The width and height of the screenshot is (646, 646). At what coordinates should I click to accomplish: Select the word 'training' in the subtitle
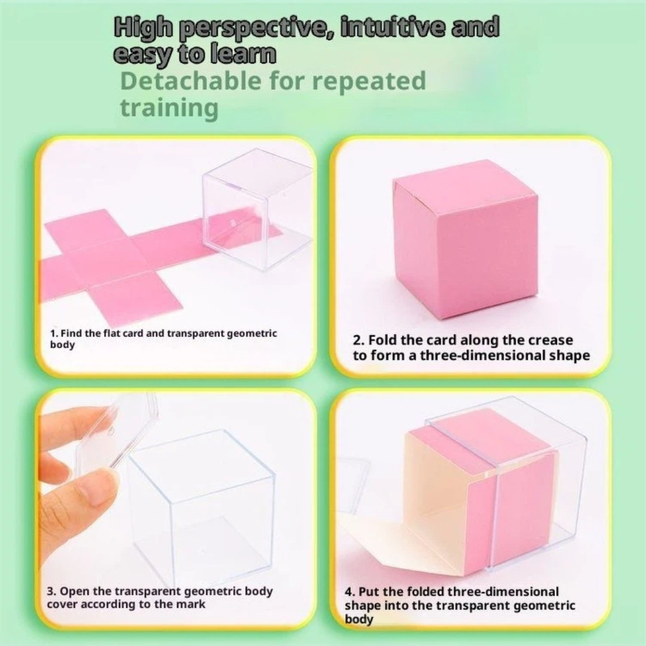(169, 108)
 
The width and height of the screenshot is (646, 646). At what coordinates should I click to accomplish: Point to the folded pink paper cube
(465, 239)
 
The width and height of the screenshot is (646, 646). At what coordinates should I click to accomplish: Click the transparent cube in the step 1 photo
(256, 209)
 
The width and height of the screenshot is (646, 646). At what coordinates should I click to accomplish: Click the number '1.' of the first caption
(54, 333)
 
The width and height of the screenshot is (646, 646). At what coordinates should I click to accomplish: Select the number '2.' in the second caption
(358, 340)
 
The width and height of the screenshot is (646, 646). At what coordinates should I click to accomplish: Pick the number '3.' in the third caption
(51, 591)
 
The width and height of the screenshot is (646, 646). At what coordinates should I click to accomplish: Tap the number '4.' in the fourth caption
(350, 592)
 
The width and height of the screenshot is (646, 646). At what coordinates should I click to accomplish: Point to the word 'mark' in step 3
(190, 604)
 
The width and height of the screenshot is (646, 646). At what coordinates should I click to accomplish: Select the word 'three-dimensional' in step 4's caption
(503, 592)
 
